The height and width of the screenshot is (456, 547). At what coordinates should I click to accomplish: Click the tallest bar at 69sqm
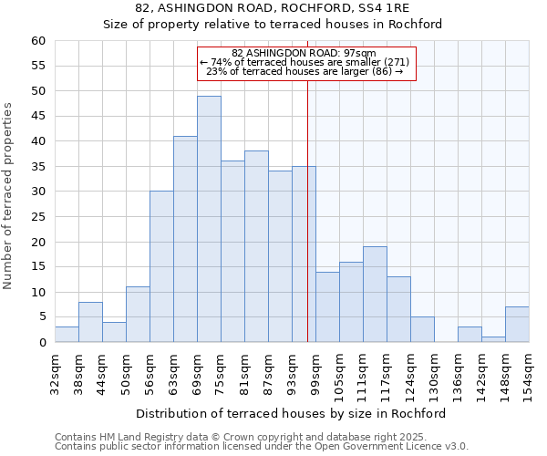pyautogui.click(x=209, y=219)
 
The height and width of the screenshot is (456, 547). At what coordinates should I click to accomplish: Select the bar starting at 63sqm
pyautogui.click(x=185, y=239)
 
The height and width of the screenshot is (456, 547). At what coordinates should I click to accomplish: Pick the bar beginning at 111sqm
pyautogui.click(x=375, y=295)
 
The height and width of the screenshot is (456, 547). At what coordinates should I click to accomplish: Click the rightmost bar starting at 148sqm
pyautogui.click(x=517, y=325)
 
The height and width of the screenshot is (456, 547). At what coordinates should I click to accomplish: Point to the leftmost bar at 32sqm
pyautogui.click(x=67, y=335)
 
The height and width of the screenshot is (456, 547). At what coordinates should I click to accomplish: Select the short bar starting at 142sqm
pyautogui.click(x=493, y=339)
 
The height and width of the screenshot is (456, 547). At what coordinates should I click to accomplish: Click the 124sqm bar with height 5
pyautogui.click(x=422, y=329)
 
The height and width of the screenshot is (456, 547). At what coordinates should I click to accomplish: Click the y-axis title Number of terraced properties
pyautogui.click(x=8, y=195)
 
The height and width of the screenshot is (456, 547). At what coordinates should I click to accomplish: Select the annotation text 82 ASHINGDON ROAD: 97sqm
pyautogui.click(x=304, y=53)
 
